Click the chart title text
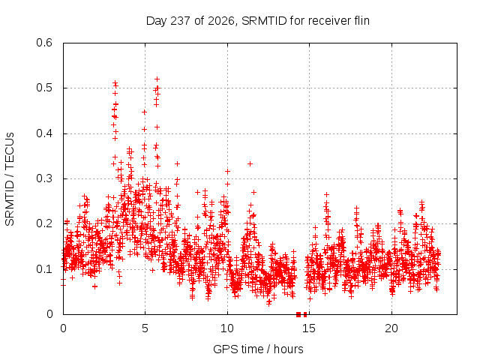[258, 21]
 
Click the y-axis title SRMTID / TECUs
[10, 179]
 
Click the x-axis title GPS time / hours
[258, 349]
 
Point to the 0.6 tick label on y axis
[45, 43]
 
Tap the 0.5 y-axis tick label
[45, 88]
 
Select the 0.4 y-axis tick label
[45, 133]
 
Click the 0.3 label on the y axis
[45, 178]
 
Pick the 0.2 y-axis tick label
[45, 223]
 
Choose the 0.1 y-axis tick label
[45, 269]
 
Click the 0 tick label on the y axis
[50, 314]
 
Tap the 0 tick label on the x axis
[63, 328]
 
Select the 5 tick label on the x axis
[145, 328]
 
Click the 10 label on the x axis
[227, 328]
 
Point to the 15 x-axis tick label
[309, 328]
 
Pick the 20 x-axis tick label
[391, 328]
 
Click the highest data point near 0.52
[157, 79]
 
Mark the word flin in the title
[361, 21]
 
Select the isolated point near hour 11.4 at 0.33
[250, 163]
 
